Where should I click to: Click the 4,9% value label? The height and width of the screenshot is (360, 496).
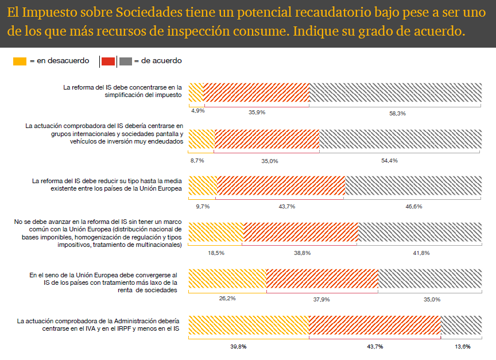[197, 110]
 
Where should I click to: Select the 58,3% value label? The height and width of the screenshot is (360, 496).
[397, 113]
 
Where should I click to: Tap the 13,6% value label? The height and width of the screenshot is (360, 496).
[462, 346]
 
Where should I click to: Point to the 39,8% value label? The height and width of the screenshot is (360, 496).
[238, 346]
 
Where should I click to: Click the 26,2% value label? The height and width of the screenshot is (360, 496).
[227, 298]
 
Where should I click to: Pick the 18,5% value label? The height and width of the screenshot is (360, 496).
[216, 252]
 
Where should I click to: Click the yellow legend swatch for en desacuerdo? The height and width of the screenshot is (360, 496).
[20, 61]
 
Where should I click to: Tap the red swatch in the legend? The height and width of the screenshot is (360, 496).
[108, 61]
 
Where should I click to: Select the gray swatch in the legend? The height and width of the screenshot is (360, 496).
[126, 61]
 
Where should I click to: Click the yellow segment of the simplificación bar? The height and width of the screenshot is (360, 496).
[196, 93]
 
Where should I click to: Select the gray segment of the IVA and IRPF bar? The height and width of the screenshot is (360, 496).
[461, 325]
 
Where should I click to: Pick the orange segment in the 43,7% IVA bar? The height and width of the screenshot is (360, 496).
[374, 325]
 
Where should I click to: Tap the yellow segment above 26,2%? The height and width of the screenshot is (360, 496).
[227, 278]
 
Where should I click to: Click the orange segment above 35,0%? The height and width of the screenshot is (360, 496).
[266, 140]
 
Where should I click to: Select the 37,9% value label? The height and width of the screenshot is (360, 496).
[321, 299]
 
